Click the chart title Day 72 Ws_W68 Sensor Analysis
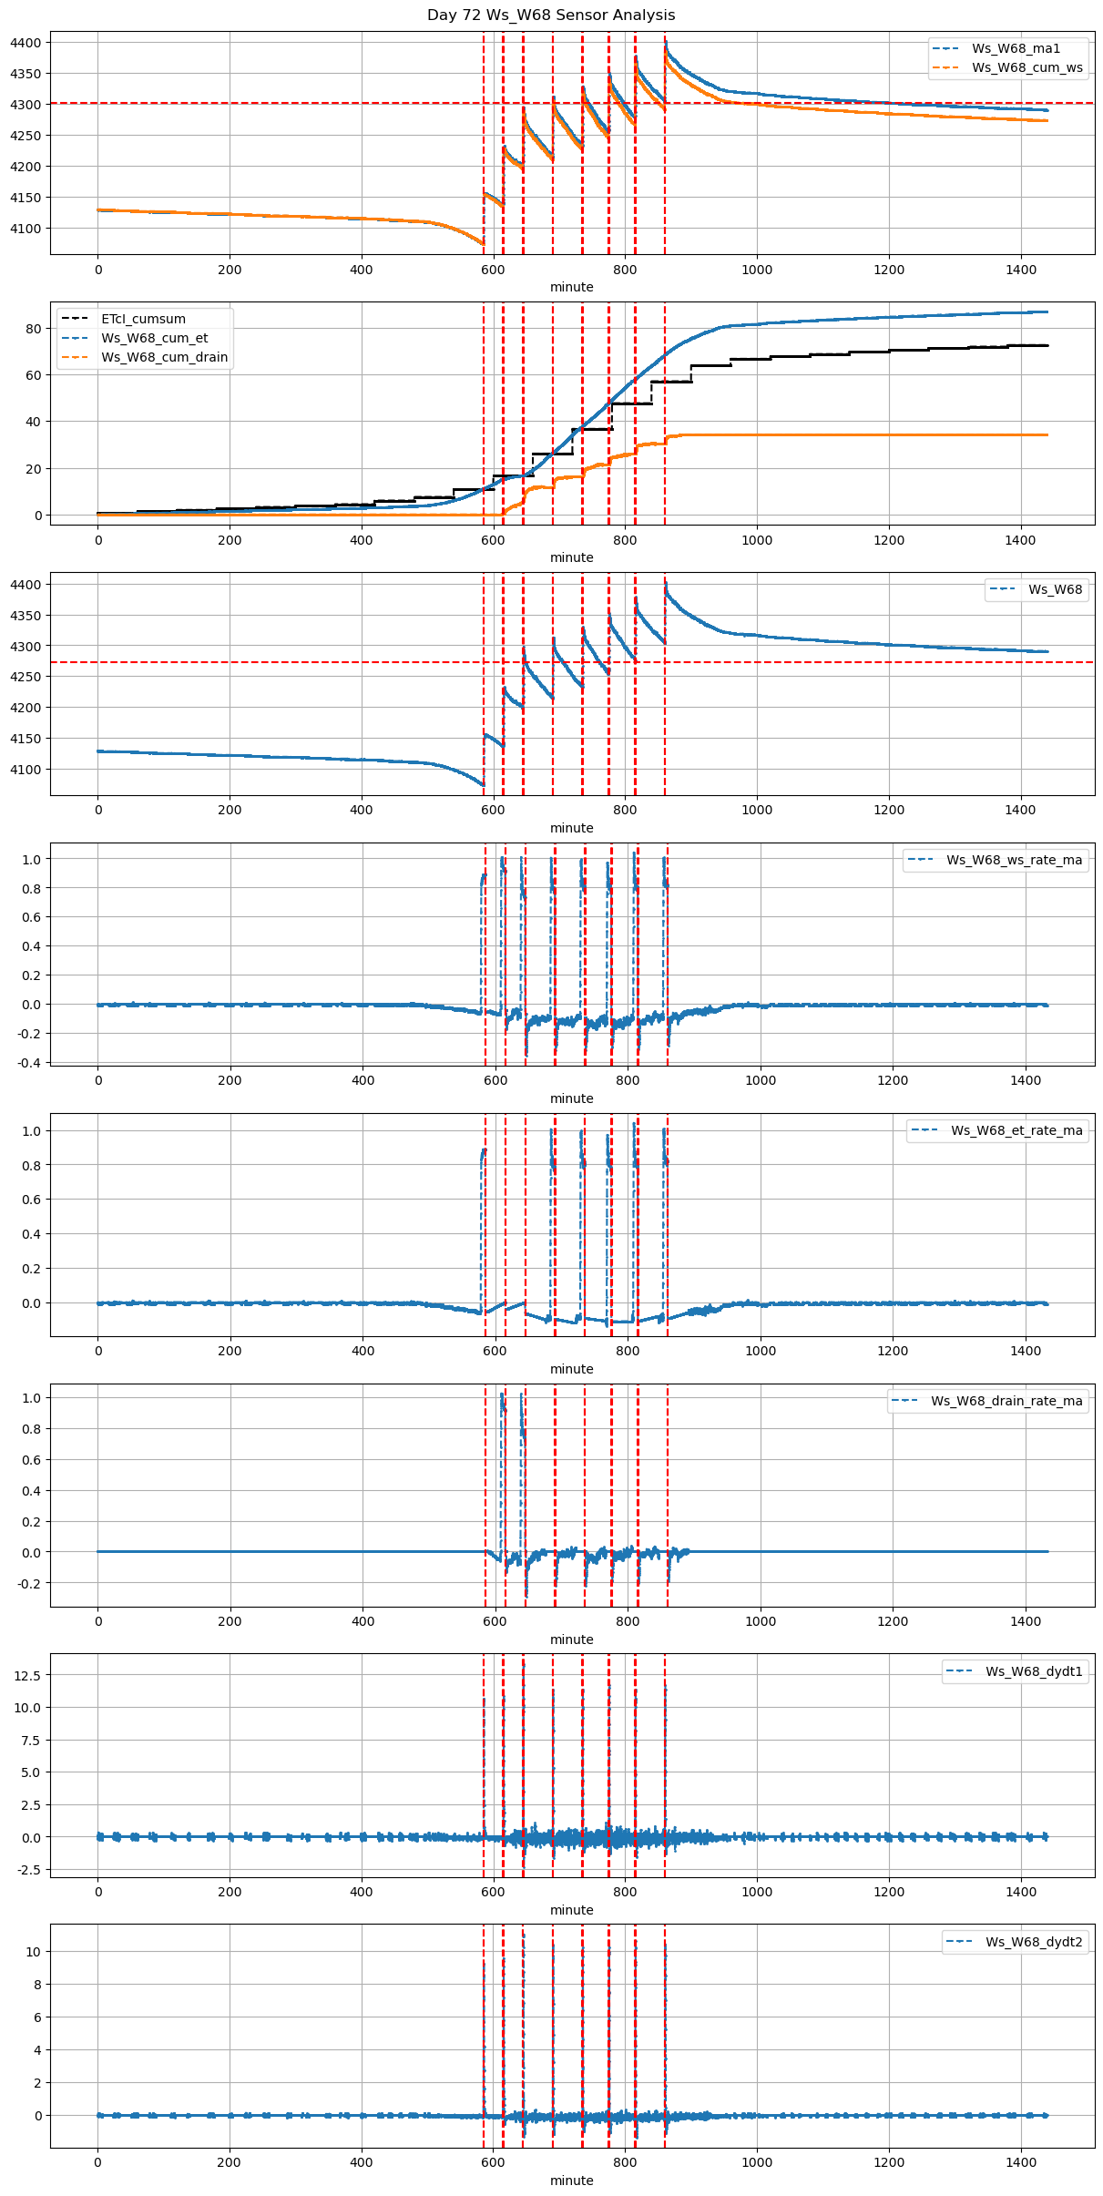(551, 15)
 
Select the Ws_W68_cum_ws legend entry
(1026, 67)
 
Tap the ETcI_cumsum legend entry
(143, 319)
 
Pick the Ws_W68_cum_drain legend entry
(164, 357)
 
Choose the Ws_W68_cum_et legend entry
(154, 338)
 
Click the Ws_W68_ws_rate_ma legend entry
(1014, 860)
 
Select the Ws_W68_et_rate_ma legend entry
(1016, 1130)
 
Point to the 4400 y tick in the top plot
(26, 43)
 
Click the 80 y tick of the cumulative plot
(34, 329)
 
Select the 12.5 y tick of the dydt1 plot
(27, 1675)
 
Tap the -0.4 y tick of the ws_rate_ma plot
(29, 1063)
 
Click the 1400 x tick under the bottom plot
(1021, 2162)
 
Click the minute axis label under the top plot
(571, 287)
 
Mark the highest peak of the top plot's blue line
(666, 41)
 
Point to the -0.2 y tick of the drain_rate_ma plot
(29, 1583)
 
